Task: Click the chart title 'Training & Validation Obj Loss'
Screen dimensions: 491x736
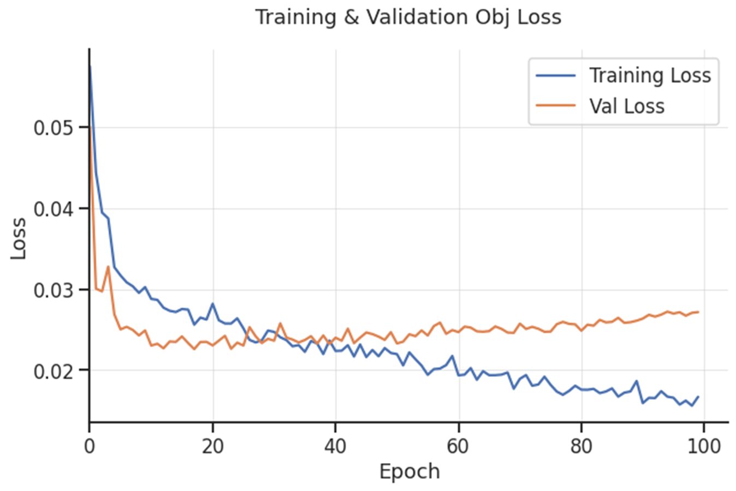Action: point(408,17)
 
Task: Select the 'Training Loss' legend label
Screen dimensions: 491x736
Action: point(650,75)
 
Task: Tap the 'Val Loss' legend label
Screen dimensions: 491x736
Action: point(627,106)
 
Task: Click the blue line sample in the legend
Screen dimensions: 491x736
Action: point(556,75)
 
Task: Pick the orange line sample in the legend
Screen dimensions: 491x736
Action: point(556,106)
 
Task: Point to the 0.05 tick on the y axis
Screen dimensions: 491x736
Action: point(53,128)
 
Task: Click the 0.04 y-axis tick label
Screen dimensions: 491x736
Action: point(53,209)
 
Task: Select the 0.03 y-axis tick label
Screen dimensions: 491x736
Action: point(53,290)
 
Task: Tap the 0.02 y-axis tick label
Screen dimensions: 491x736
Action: point(53,371)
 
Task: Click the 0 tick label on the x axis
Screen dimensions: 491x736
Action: point(89,446)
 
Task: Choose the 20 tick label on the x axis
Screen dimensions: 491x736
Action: point(212,446)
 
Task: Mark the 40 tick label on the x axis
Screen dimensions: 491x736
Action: point(335,446)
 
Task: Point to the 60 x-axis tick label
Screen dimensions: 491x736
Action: point(458,446)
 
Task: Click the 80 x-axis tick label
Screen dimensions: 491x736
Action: point(581,446)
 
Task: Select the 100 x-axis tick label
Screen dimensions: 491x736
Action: point(703,446)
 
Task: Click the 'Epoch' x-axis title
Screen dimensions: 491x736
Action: point(409,471)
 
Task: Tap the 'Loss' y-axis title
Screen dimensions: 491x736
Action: point(19,238)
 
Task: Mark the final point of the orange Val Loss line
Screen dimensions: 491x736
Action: point(698,312)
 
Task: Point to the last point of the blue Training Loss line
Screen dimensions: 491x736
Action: point(698,397)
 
